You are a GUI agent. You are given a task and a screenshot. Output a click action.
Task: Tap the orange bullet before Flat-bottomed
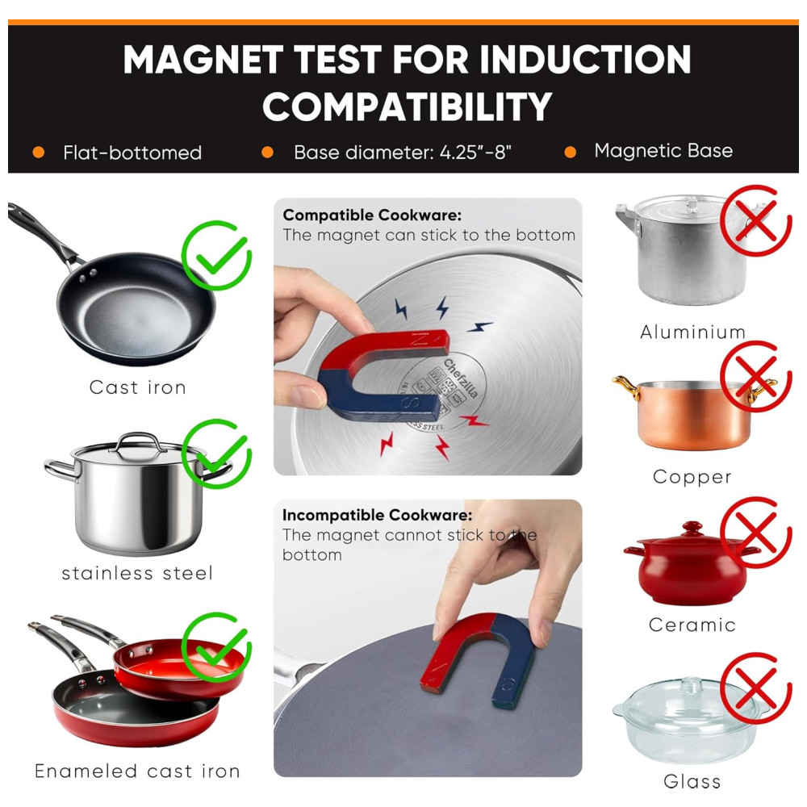pyautogui.click(x=39, y=153)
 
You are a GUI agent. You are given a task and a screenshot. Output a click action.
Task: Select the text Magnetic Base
pyautogui.click(x=663, y=151)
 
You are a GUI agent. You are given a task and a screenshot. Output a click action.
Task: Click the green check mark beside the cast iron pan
pyautogui.click(x=216, y=255)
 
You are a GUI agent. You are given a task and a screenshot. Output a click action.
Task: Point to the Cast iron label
pyautogui.click(x=137, y=387)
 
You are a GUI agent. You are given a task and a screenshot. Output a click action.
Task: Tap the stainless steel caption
pyautogui.click(x=137, y=573)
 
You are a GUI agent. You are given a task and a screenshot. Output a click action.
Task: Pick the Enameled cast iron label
pyautogui.click(x=137, y=771)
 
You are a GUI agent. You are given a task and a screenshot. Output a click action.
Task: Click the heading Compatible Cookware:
pyautogui.click(x=372, y=215)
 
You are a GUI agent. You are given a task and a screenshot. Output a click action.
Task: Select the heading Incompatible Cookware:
pyautogui.click(x=377, y=515)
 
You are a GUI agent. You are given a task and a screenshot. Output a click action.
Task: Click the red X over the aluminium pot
pyautogui.click(x=755, y=221)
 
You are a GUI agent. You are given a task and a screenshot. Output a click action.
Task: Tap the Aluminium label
pyautogui.click(x=692, y=332)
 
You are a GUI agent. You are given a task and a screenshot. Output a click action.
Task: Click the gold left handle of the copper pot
pyautogui.click(x=626, y=387)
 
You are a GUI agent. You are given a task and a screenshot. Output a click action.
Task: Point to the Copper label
pyautogui.click(x=692, y=477)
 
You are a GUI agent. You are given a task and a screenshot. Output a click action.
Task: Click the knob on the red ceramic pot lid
pyautogui.click(x=692, y=529)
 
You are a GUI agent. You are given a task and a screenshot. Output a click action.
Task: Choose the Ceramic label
pyautogui.click(x=692, y=625)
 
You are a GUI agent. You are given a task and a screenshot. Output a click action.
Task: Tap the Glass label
pyautogui.click(x=692, y=781)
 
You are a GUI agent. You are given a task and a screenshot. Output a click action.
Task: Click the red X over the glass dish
pyautogui.click(x=755, y=688)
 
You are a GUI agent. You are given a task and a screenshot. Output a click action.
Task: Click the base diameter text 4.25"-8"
pyautogui.click(x=475, y=153)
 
